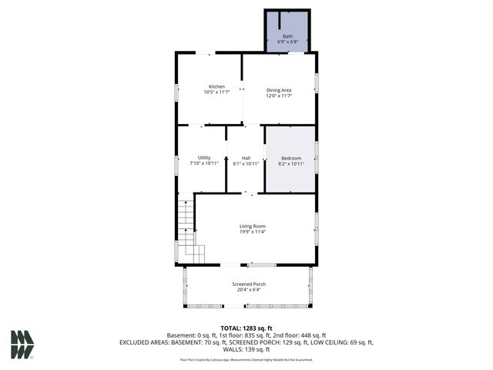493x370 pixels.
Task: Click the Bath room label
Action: point(287,35)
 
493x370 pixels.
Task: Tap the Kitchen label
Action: point(216,86)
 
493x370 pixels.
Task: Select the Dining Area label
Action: point(279,90)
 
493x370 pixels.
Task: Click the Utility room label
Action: point(204,157)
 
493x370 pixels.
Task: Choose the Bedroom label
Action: point(290,157)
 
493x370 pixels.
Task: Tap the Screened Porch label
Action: point(249,284)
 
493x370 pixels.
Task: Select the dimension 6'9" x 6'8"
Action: point(287,42)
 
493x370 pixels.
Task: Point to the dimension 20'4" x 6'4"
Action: point(249,290)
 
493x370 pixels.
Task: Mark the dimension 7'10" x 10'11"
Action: point(204,163)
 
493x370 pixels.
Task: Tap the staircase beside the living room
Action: point(188,227)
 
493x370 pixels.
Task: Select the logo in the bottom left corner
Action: point(22,344)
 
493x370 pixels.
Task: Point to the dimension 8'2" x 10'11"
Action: point(290,163)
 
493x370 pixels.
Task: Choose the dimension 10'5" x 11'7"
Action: point(216,92)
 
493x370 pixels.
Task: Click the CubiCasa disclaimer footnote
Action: point(246,359)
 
